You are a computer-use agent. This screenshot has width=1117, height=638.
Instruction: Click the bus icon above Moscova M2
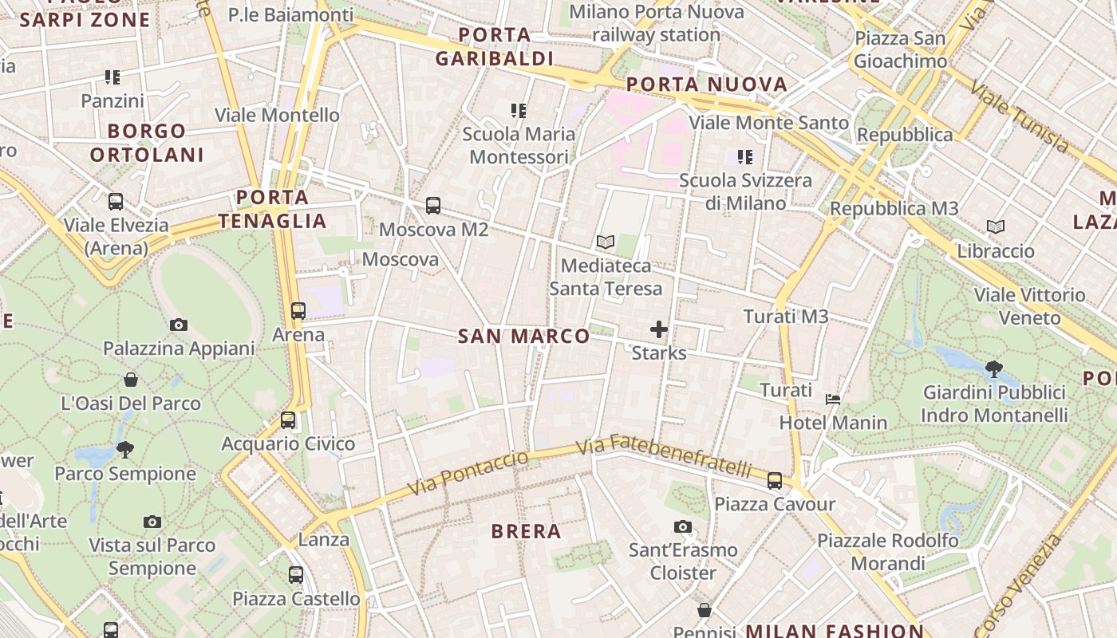pos(433,206)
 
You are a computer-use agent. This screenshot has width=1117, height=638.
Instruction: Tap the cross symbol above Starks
pos(659,329)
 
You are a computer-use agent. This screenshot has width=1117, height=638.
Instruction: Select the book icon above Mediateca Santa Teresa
pos(606,242)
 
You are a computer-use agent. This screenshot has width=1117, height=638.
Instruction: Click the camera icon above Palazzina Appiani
pos(179,325)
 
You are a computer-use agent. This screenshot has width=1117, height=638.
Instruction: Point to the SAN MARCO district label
pos(524,337)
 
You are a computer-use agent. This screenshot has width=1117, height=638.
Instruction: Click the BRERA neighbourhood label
pos(527,531)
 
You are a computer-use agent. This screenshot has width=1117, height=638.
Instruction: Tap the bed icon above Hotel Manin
pos(833,399)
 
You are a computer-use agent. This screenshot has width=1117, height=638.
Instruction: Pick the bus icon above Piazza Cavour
pos(775,480)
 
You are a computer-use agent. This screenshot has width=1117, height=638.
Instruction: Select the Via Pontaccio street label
pos(468,472)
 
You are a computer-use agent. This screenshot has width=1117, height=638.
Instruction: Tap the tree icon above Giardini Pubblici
pos(994,368)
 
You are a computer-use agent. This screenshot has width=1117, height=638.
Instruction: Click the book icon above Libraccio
pos(996,227)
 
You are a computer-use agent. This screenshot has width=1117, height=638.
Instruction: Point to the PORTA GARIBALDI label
pos(495,46)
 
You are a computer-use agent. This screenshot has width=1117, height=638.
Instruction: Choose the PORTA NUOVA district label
pos(707,85)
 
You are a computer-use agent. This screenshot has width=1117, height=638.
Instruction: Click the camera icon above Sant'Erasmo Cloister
pos(683,526)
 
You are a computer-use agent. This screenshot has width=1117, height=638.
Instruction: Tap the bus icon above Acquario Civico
pos(288,419)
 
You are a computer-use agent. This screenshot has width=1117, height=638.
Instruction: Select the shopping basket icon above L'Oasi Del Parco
pos(131,380)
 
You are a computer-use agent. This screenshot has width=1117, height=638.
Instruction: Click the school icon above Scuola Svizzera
pos(745,157)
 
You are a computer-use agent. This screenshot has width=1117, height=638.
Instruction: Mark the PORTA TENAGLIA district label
pos(273,209)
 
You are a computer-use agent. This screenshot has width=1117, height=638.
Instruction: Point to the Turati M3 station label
pos(786,317)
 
